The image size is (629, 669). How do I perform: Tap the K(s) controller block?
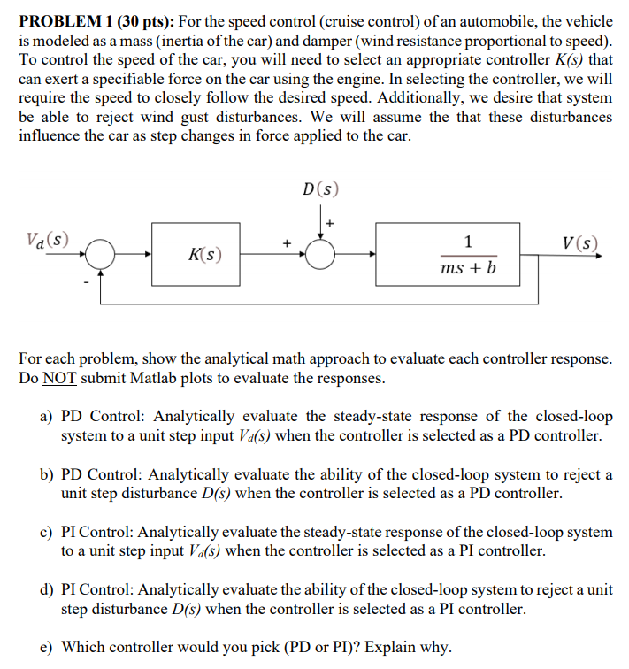click(x=205, y=255)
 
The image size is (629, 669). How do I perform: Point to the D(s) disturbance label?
click(x=318, y=189)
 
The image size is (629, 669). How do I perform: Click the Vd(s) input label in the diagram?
click(x=48, y=239)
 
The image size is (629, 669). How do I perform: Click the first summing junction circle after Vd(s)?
click(x=104, y=256)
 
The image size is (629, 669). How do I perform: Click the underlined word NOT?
click(x=56, y=378)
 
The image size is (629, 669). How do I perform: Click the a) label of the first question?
click(x=48, y=416)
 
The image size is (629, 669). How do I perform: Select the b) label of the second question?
click(x=48, y=474)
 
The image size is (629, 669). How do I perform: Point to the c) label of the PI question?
click(x=48, y=532)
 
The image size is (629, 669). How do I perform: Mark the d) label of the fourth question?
click(x=48, y=589)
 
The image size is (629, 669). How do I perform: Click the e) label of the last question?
click(x=48, y=647)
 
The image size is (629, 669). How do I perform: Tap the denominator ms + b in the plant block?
click(x=467, y=267)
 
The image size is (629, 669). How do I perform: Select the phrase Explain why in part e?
click(x=410, y=647)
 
